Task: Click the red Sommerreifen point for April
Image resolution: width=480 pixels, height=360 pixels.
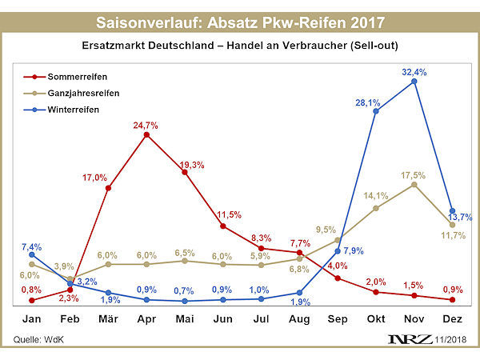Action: coord(146,135)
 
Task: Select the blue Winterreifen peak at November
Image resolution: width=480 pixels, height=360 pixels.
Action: coord(414,81)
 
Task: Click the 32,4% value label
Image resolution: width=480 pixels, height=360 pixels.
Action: coord(414,72)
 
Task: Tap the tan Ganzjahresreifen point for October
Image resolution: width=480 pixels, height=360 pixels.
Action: coord(375,209)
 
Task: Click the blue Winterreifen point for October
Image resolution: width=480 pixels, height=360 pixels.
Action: coord(375,110)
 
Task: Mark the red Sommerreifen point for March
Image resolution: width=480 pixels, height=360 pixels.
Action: coord(108,188)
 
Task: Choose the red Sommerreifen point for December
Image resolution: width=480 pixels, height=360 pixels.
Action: coord(452,300)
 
